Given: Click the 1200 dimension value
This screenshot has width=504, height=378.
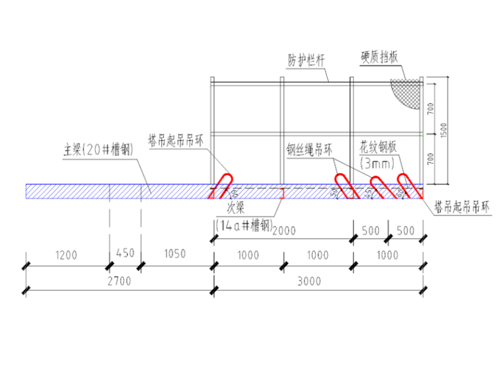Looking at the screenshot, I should point(66,254).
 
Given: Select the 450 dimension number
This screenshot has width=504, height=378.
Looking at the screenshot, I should point(125,254).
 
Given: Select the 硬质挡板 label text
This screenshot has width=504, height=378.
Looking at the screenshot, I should point(379,57).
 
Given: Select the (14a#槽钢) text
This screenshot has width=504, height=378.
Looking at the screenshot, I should point(244,225).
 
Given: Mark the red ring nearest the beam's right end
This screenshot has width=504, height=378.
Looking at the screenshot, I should point(409,186).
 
